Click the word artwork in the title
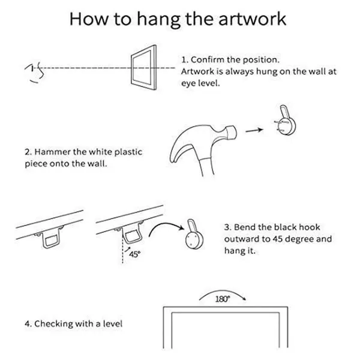(x=252, y=19)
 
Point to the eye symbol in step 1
(x=35, y=72)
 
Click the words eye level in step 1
(x=200, y=83)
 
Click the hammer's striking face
(x=232, y=132)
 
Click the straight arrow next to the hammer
(x=254, y=130)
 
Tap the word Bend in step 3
(x=244, y=227)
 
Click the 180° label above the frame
(x=223, y=299)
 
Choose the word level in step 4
(x=113, y=324)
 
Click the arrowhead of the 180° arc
(x=245, y=299)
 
